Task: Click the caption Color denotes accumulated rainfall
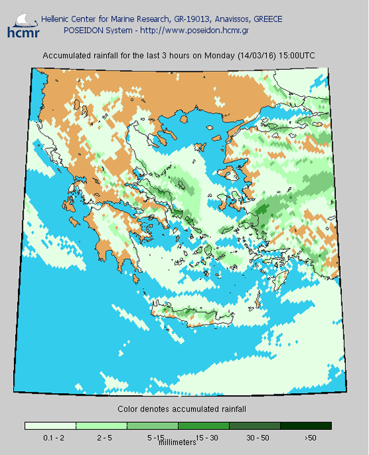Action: (181, 409)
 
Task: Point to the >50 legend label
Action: (310, 437)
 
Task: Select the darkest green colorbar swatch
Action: (306, 426)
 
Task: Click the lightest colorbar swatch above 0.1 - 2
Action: (50, 426)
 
